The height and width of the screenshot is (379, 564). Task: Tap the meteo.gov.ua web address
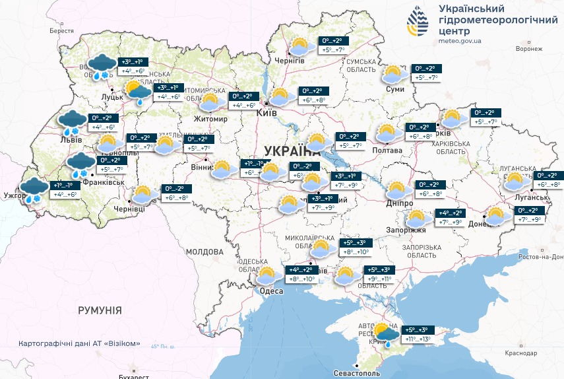tap(460, 41)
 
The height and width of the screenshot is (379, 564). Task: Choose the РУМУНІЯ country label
tap(100, 310)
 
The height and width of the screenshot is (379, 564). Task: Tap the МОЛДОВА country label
tap(204, 252)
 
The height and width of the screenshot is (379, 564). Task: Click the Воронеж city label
tap(529, 49)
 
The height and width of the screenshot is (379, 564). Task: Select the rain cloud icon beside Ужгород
tap(33, 190)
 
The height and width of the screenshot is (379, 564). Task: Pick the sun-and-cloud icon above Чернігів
tap(301, 47)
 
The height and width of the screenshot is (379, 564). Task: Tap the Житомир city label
tap(210, 119)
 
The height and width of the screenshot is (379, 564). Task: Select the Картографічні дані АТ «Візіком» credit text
tap(80, 343)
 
